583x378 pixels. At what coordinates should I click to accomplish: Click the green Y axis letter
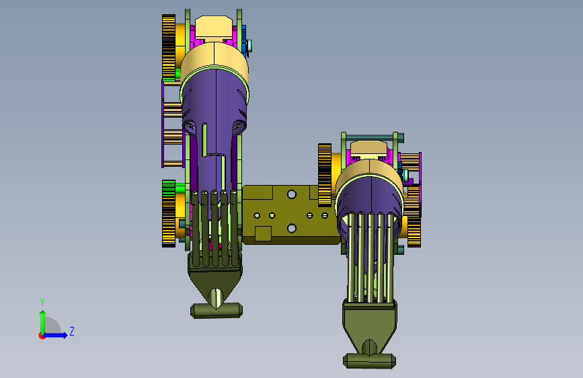tap(42, 302)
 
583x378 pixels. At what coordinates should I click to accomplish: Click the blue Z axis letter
tap(72, 331)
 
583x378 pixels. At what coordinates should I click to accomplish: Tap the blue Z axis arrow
tap(56, 335)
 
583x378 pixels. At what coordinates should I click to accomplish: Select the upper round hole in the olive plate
tap(292, 194)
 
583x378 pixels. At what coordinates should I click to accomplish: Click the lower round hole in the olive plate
tap(292, 228)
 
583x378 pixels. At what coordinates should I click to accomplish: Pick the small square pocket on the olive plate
tap(263, 233)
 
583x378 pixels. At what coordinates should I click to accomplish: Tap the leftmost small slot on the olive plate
tap(257, 215)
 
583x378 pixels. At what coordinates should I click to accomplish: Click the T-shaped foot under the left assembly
tap(217, 310)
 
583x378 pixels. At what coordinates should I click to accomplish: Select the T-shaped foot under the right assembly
tap(369, 360)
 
